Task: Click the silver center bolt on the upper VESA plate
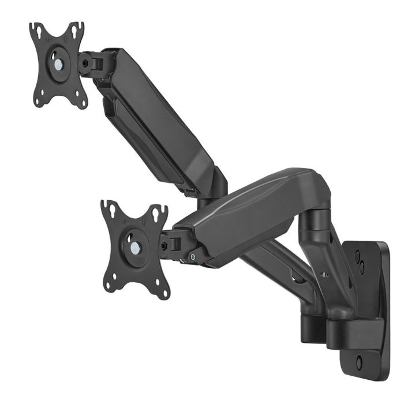coord(58,65)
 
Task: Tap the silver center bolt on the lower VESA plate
coord(134,248)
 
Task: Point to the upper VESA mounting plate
coord(58,65)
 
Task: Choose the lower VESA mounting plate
coord(135,248)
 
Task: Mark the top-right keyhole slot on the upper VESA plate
coord(75,29)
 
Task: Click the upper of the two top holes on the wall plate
coord(358,254)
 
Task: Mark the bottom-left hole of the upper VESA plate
coord(38,102)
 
